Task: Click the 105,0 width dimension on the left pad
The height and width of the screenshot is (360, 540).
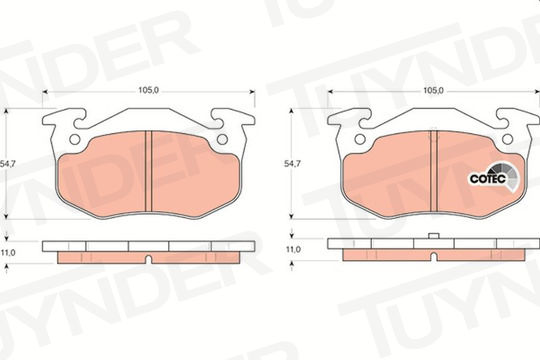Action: [148, 90]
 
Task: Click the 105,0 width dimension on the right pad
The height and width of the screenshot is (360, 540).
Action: [433, 90]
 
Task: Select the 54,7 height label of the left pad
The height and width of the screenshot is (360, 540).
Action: [8, 164]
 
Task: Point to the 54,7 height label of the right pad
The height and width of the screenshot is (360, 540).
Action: [292, 164]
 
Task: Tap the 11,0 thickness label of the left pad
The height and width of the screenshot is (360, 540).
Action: [8, 253]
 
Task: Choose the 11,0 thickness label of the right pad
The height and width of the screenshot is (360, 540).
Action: [293, 249]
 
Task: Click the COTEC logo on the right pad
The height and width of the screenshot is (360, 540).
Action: [494, 177]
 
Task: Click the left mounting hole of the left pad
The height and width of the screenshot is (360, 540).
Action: [75, 139]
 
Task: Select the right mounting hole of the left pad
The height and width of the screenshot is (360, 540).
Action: [222, 139]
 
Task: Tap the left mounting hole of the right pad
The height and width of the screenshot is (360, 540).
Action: [360, 139]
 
